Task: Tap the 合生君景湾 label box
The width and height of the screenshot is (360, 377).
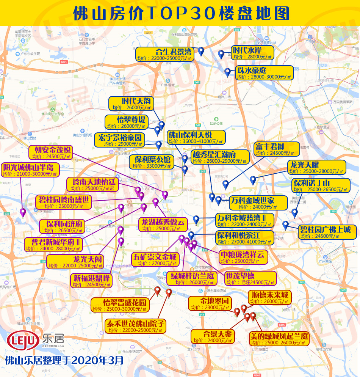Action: tap(165, 54)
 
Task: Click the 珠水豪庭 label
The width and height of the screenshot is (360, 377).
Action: tap(265, 73)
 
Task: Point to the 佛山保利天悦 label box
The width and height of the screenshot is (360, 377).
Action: tap(196, 138)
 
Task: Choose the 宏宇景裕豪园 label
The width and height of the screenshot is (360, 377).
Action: tap(120, 140)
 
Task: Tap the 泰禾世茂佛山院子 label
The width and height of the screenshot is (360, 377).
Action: tap(136, 327)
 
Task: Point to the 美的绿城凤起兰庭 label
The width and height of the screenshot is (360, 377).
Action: tap(279, 339)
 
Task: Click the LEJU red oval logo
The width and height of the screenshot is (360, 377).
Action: tap(23, 340)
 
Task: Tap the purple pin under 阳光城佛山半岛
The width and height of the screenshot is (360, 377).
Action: tap(23, 212)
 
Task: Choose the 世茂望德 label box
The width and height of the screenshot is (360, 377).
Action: tap(250, 278)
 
